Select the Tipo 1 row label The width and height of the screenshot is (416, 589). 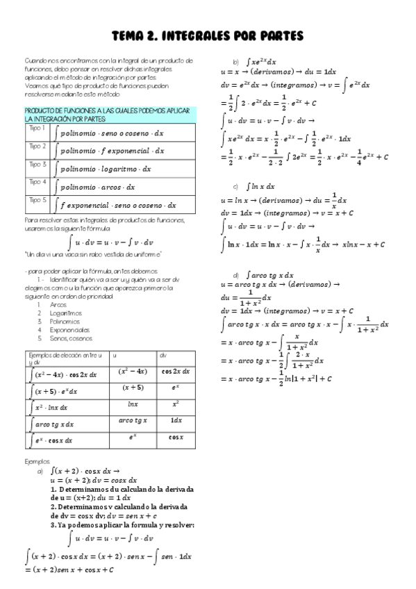37,128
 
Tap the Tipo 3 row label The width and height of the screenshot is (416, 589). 37,165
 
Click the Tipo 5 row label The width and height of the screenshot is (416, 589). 37,200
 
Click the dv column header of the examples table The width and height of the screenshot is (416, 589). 164,356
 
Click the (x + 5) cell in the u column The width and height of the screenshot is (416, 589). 133,388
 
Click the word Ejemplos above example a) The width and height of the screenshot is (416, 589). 38,461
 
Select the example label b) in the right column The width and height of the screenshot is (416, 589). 236,62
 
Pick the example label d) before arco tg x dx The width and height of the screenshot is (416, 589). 236,275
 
